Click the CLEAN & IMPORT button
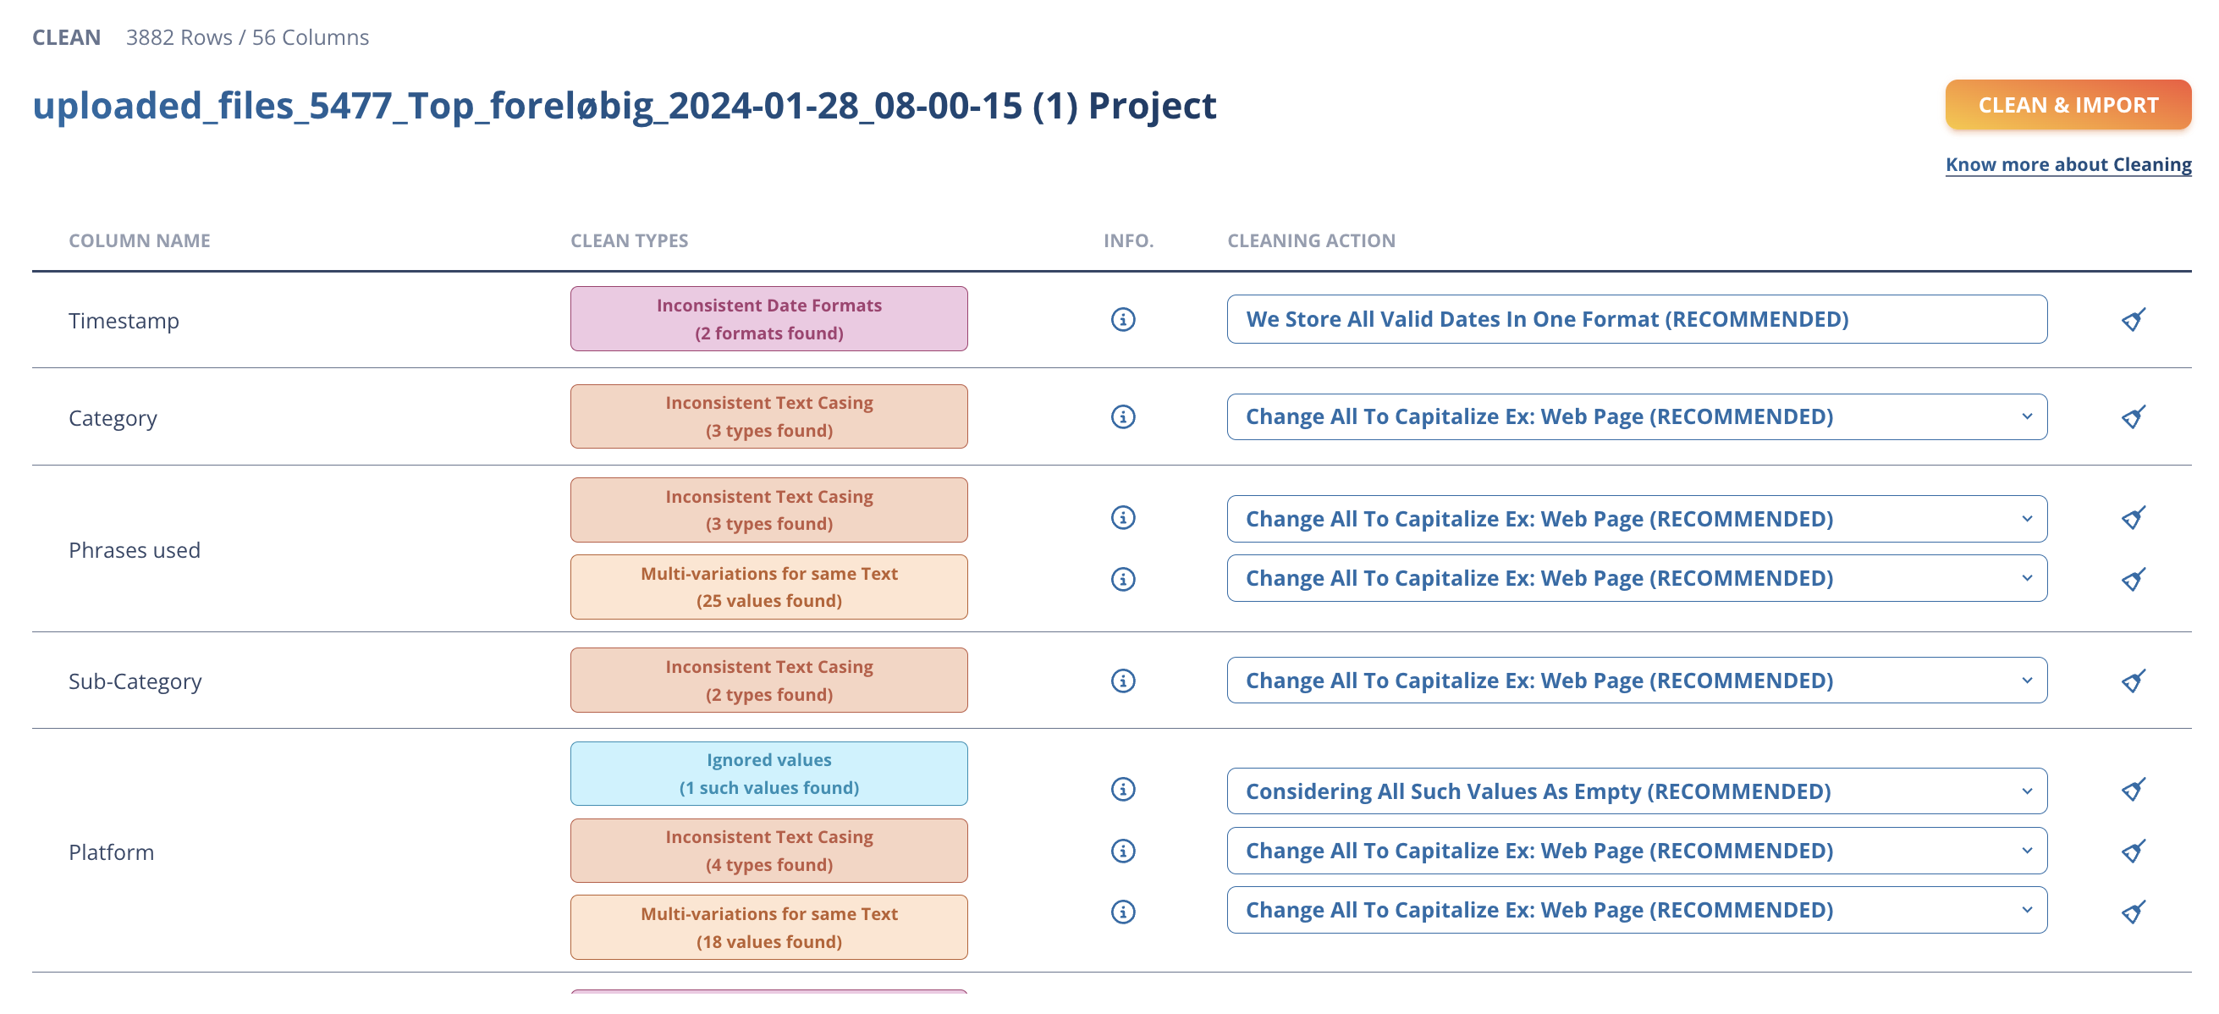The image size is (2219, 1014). tap(2068, 105)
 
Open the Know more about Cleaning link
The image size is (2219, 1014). tap(2068, 164)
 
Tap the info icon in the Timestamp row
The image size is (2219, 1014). tap(1122, 320)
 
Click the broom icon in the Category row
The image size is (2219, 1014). tap(2133, 417)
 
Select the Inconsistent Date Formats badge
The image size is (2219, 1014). tap(768, 319)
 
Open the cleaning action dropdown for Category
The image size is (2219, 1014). tap(1637, 417)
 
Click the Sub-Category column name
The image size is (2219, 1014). tap(135, 681)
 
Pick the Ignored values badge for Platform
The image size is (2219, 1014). tap(768, 774)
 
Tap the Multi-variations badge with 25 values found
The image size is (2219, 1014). tap(768, 587)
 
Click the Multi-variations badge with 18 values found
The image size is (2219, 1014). tap(768, 927)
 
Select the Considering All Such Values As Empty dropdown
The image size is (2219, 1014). tap(1637, 791)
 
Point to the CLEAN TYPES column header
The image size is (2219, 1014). tap(629, 240)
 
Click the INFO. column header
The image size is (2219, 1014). tap(1128, 240)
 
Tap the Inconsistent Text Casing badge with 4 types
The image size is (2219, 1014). tap(768, 851)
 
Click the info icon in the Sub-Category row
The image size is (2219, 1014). tap(1122, 681)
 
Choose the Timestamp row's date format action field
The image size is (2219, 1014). tap(1637, 320)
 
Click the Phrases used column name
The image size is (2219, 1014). tap(135, 549)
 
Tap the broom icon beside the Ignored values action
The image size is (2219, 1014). tap(2133, 790)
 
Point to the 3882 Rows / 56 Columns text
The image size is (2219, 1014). tap(247, 37)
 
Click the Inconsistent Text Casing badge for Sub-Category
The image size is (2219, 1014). tap(768, 680)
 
